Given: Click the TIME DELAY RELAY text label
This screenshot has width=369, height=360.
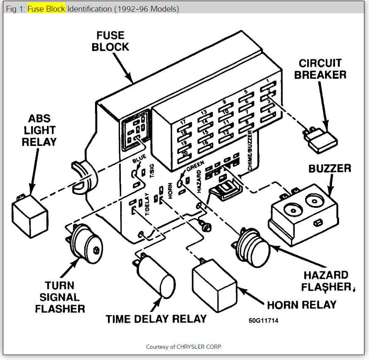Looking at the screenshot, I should [x=156, y=319].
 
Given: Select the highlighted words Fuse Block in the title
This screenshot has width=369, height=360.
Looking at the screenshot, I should [x=46, y=9].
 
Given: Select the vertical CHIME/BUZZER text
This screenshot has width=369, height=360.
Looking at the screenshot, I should [x=250, y=151].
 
